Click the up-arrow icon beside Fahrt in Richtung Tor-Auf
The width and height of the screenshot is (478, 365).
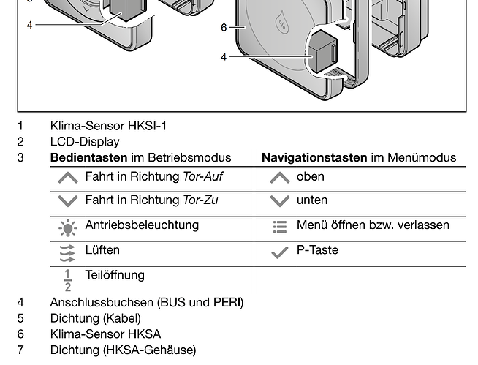click(x=68, y=178)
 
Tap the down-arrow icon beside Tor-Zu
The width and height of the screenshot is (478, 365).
click(x=68, y=201)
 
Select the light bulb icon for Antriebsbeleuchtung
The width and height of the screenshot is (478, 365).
click(x=68, y=227)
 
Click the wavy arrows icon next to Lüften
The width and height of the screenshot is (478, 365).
click(x=67, y=253)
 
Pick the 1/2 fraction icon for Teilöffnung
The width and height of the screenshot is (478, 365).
click(x=68, y=280)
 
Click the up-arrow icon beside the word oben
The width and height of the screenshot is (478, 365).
click(x=279, y=178)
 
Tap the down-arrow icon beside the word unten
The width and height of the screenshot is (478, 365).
click(x=279, y=201)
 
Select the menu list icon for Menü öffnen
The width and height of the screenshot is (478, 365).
click(x=280, y=227)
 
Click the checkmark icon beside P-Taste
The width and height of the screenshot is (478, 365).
click(x=279, y=252)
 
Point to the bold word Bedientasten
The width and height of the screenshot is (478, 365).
click(x=88, y=157)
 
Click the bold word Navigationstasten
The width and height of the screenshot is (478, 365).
click(x=314, y=157)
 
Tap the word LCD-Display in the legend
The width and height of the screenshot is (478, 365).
click(x=85, y=142)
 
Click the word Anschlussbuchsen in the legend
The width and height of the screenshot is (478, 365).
click(x=102, y=302)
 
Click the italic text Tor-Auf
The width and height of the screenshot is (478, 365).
click(x=202, y=176)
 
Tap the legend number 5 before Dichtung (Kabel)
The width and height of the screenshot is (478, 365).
click(x=20, y=318)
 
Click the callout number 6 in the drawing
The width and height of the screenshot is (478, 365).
click(x=224, y=28)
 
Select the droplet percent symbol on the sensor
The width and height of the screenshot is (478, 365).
click(x=281, y=23)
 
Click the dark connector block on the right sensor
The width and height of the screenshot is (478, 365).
click(x=324, y=50)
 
